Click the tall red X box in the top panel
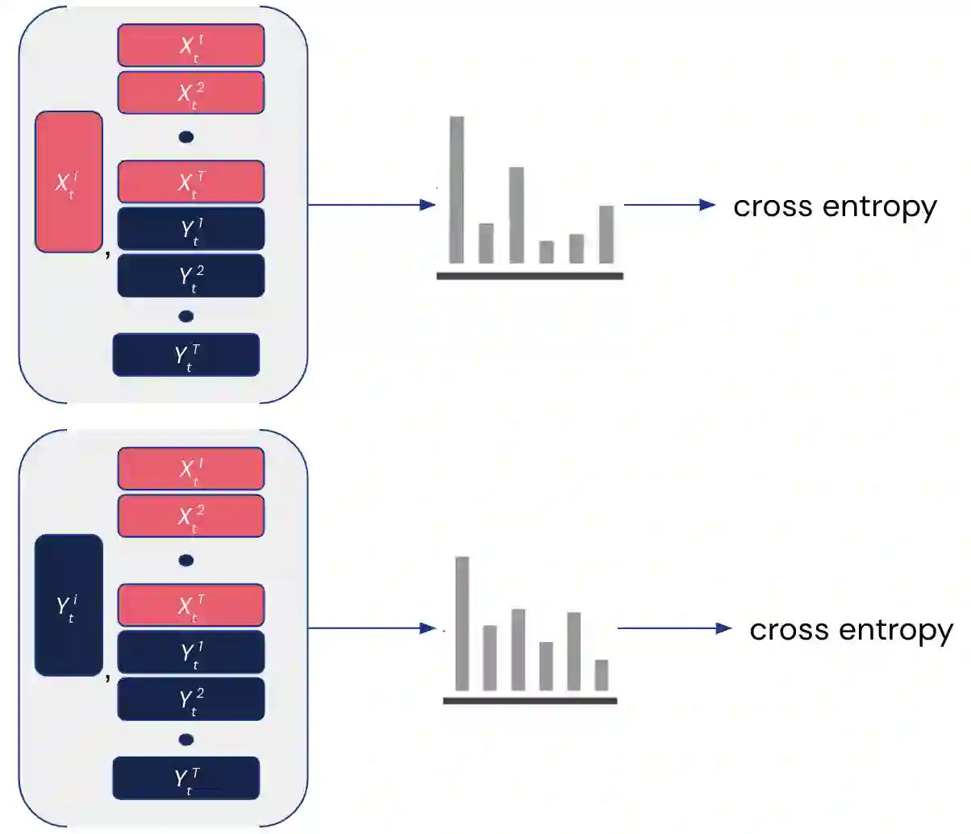pyautogui.click(x=69, y=181)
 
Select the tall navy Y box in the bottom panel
pyautogui.click(x=69, y=605)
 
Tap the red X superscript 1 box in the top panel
pyautogui.click(x=191, y=45)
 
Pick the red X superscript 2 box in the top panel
pyautogui.click(x=191, y=93)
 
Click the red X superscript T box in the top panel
pyautogui.click(x=191, y=181)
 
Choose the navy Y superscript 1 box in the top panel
pyautogui.click(x=191, y=229)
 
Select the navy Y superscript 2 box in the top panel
pyautogui.click(x=191, y=276)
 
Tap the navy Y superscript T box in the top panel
pyautogui.click(x=186, y=354)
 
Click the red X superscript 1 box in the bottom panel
pyautogui.click(x=191, y=469)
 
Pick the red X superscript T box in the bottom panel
pyautogui.click(x=191, y=605)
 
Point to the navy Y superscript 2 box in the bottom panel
pyautogui.click(x=191, y=698)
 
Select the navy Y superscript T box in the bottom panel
pyautogui.click(x=186, y=778)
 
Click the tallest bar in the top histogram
pyautogui.click(x=456, y=190)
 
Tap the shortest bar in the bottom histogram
pyautogui.click(x=602, y=675)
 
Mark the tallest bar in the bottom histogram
pyautogui.click(x=462, y=623)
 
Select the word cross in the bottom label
pyautogui.click(x=783, y=630)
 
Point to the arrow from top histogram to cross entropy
pyautogui.click(x=669, y=205)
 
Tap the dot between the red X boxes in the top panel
pyautogui.click(x=186, y=137)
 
